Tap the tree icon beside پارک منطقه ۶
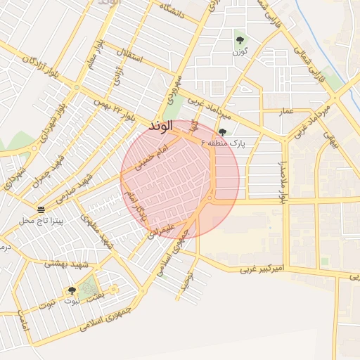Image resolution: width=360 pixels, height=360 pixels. coord(223,132)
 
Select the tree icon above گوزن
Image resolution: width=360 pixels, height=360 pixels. coord(240,39)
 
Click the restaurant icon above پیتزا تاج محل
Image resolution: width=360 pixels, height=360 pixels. coord(41,210)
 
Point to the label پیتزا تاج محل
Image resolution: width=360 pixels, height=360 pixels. coord(41,221)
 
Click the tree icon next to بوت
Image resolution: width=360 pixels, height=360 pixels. coord(72,290)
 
